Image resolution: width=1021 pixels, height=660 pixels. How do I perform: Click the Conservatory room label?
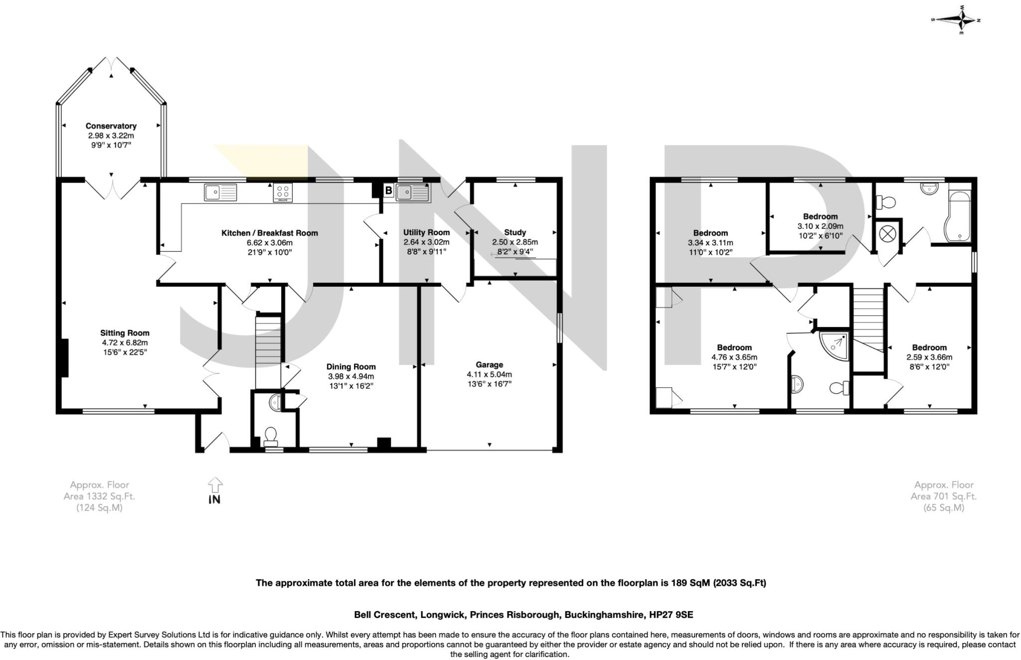click(111, 126)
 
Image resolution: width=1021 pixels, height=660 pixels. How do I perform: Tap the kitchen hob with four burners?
click(283, 192)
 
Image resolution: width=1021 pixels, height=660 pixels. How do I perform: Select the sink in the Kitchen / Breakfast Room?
click(220, 192)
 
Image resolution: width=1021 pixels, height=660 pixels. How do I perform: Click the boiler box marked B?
click(388, 190)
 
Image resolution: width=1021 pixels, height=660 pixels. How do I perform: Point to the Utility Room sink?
click(412, 192)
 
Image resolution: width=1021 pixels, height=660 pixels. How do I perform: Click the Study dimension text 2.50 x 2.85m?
click(515, 242)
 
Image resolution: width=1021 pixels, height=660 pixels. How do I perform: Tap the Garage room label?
click(489, 365)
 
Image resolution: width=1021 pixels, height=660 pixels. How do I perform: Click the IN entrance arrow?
click(215, 491)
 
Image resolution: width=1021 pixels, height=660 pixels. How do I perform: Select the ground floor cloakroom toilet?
click(271, 436)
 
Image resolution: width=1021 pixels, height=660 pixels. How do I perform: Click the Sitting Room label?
click(125, 333)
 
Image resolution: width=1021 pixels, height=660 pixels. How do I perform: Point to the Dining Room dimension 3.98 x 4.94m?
click(350, 376)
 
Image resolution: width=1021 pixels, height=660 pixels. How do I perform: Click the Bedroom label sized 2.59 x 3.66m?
click(929, 347)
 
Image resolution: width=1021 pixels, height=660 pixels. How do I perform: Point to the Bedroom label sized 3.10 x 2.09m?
click(820, 216)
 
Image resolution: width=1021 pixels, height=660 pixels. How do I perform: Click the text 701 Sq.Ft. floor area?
click(943, 496)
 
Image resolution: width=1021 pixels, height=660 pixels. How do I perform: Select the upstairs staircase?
click(868, 319)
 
